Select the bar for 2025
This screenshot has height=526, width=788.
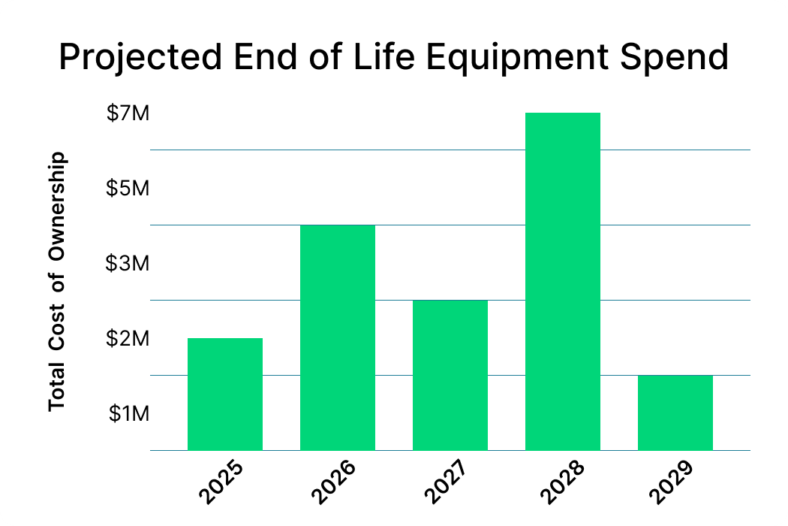tap(225, 394)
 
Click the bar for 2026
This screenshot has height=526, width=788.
tap(338, 337)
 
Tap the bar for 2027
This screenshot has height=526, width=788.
tap(450, 375)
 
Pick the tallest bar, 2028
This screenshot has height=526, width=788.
tap(563, 281)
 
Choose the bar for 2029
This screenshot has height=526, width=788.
tap(675, 413)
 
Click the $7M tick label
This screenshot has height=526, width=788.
tap(128, 113)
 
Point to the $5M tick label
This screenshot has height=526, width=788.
tap(128, 189)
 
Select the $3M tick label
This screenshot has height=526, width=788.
tap(128, 264)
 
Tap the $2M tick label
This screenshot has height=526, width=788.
tap(128, 339)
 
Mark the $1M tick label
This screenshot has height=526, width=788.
tap(128, 414)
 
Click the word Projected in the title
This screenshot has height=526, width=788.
tap(142, 58)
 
